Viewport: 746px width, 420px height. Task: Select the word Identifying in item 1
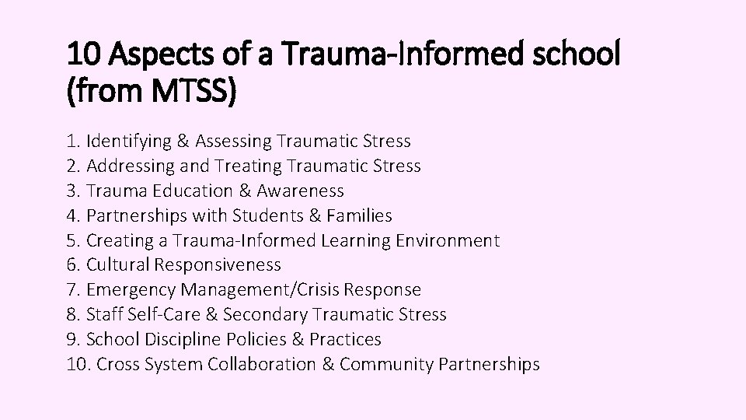[130, 142]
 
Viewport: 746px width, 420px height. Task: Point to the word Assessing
[234, 142]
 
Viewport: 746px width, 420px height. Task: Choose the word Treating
[248, 166]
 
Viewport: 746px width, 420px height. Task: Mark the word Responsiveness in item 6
[218, 265]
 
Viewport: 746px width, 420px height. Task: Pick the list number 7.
[73, 290]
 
